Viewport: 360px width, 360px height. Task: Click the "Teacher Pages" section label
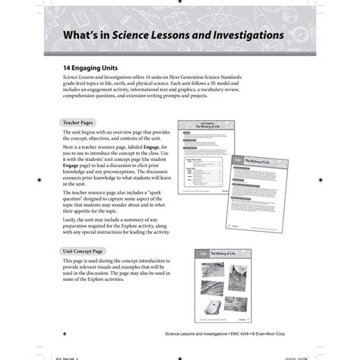pyautogui.click(x=79, y=122)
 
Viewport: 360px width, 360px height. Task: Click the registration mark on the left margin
pyautogui.click(x=39, y=180)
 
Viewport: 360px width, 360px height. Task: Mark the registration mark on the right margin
pyautogui.click(x=321, y=180)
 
